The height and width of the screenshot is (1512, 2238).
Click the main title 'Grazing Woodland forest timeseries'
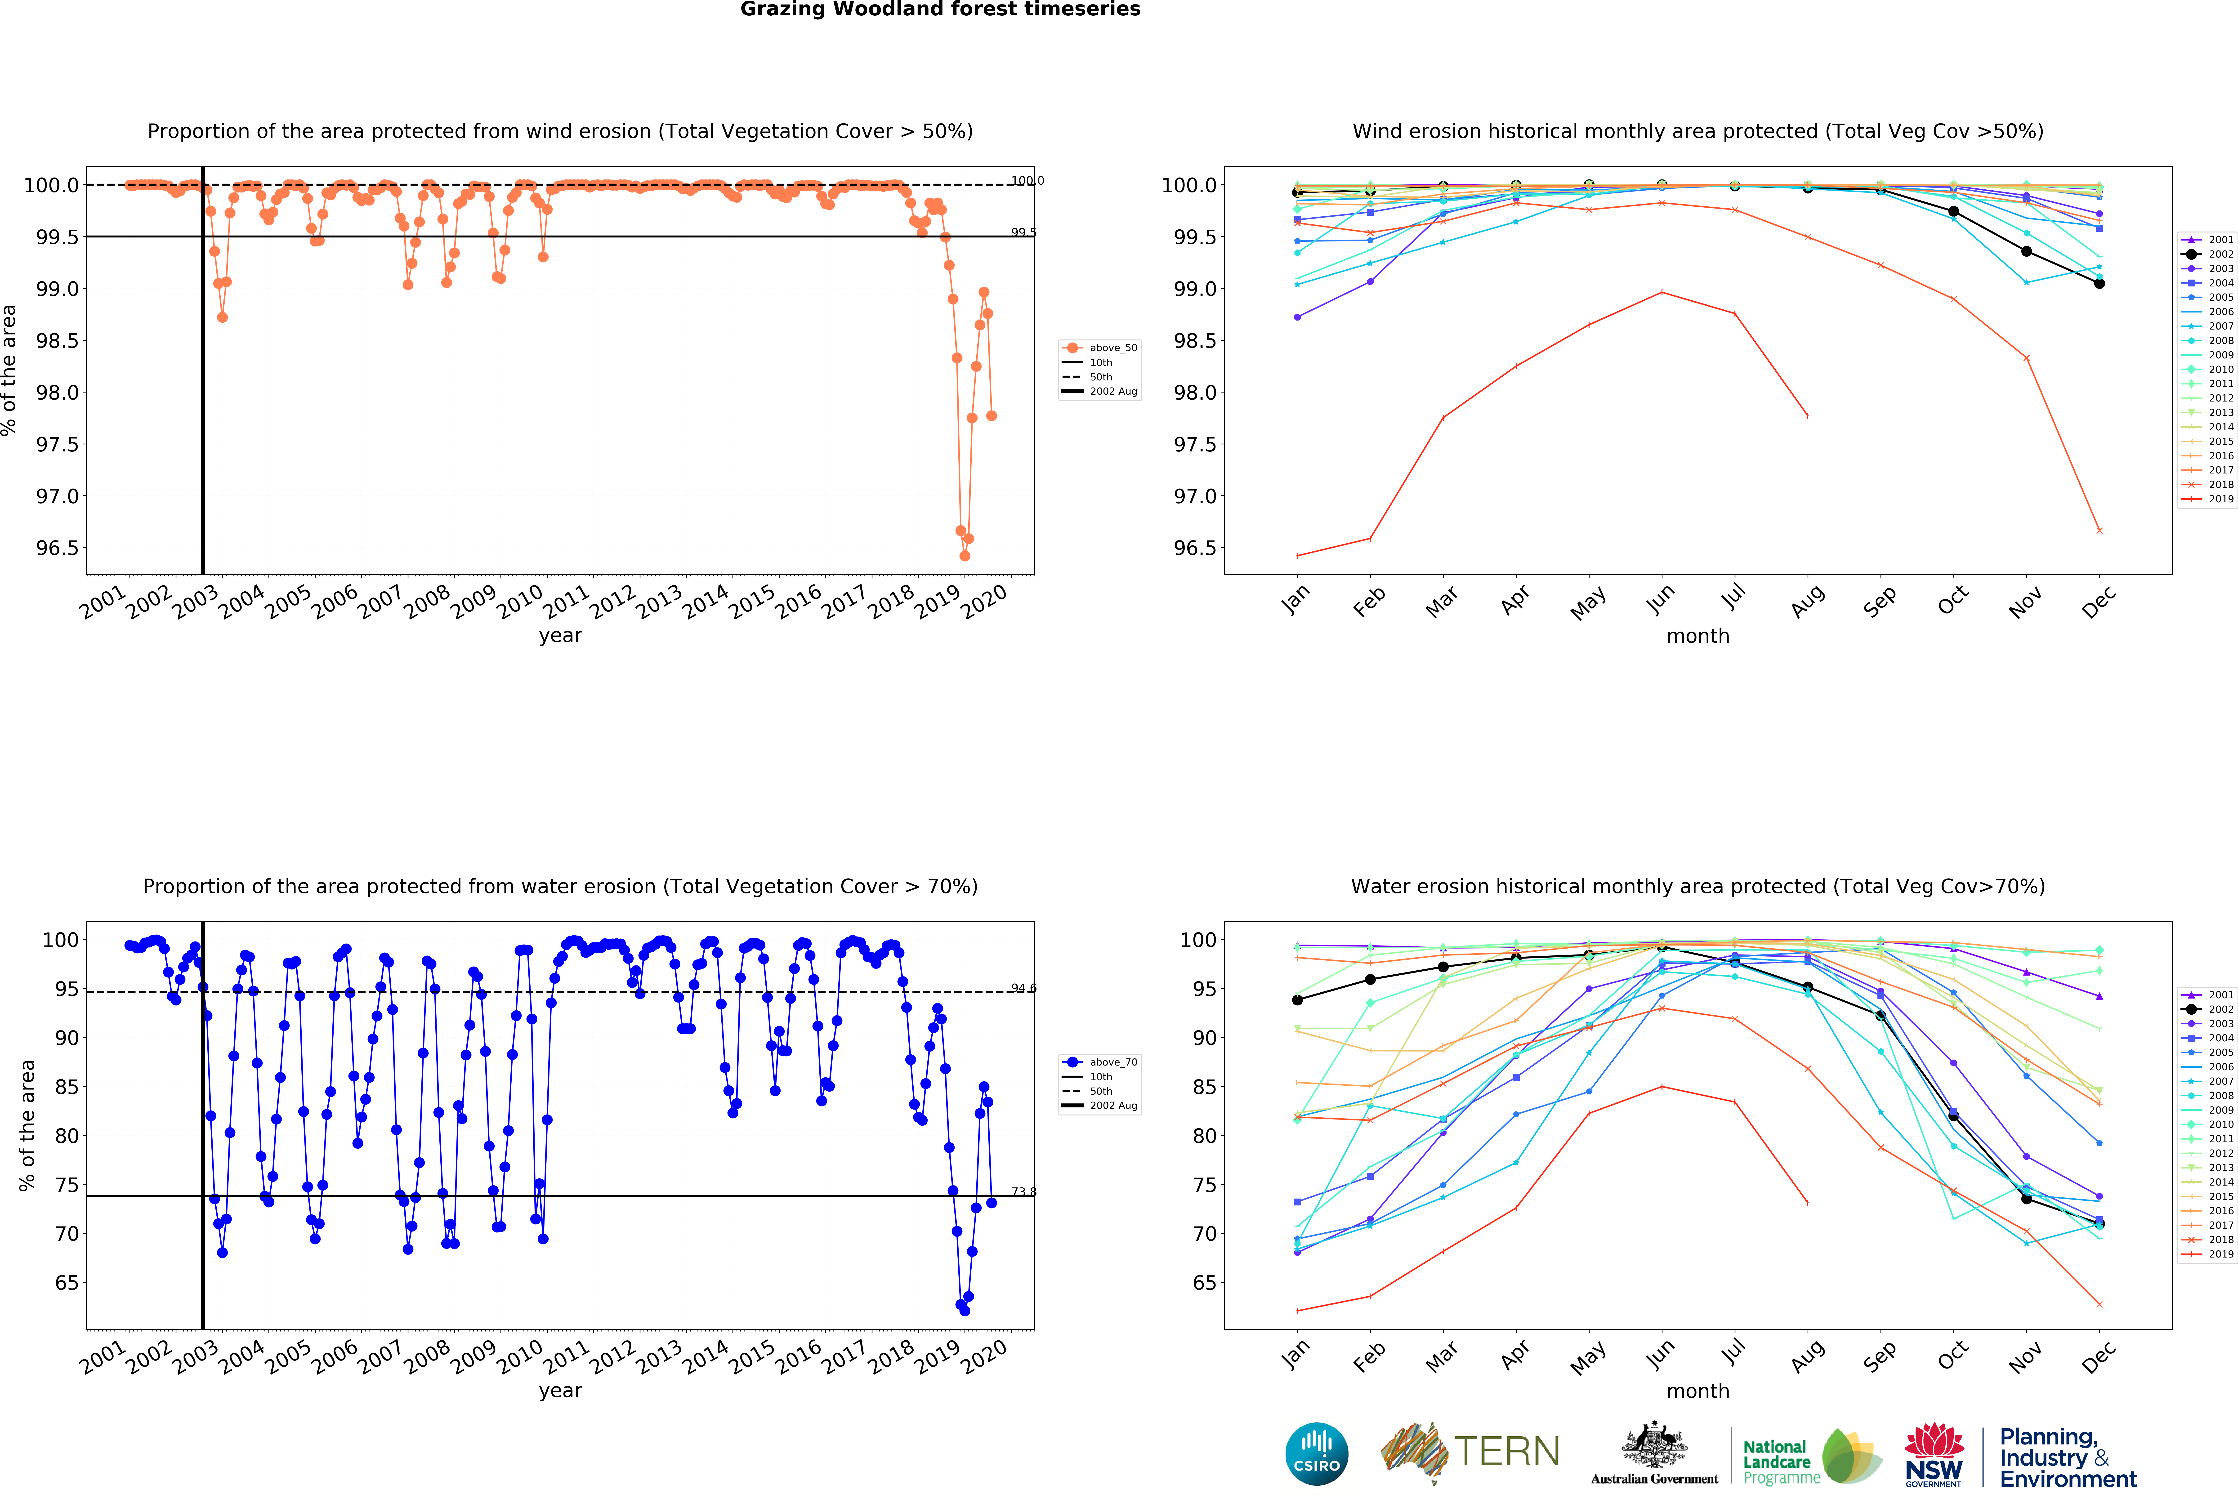pyautogui.click(x=940, y=10)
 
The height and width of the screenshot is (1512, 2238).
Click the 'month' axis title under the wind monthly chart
pyautogui.click(x=1698, y=636)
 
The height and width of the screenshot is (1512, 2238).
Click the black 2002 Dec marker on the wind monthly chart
pyautogui.click(x=2099, y=283)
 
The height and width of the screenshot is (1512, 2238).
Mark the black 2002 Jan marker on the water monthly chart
pyautogui.click(x=1297, y=1000)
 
